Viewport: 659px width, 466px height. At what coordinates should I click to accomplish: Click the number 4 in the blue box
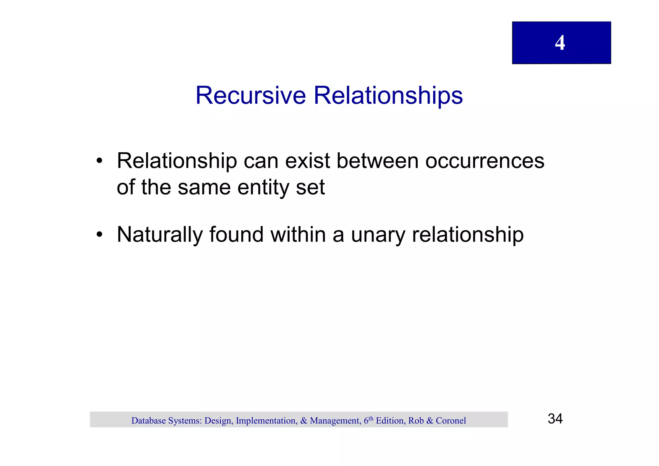[x=560, y=43]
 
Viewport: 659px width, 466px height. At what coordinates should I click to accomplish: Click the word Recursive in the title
[x=251, y=96]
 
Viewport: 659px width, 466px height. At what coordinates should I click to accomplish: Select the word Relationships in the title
[x=388, y=96]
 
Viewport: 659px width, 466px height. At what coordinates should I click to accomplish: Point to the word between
[x=377, y=161]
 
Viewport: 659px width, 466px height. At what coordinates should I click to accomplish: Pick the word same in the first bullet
[x=204, y=188]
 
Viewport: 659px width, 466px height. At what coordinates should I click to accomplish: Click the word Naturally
[x=160, y=235]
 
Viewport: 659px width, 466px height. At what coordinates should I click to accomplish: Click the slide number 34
[x=555, y=419]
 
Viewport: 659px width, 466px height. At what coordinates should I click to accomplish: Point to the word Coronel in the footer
[x=450, y=421]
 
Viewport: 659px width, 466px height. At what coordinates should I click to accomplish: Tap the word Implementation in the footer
[x=266, y=421]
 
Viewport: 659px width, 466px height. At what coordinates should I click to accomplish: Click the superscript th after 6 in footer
[x=371, y=418]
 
